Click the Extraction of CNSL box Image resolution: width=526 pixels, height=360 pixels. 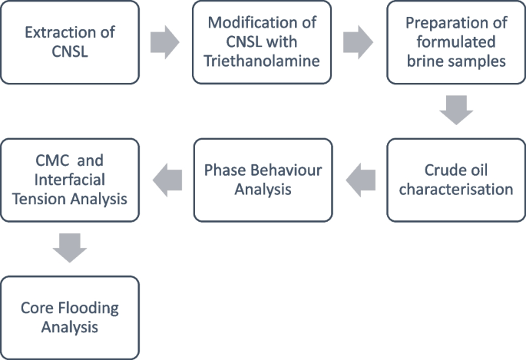tap(70, 42)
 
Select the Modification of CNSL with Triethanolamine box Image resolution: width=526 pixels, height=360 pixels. tap(263, 42)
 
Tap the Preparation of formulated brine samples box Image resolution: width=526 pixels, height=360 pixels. tap(456, 42)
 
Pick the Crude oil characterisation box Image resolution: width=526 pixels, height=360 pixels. tap(456, 180)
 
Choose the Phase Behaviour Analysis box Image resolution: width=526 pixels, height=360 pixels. tap(263, 180)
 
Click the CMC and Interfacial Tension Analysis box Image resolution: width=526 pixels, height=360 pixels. tap(70, 180)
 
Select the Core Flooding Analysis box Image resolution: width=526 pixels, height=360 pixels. tap(70, 318)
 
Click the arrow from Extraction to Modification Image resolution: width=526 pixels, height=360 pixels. tap(165, 43)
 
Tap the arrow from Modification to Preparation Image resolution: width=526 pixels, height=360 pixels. tap(359, 43)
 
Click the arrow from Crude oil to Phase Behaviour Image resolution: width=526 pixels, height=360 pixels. tap(360, 180)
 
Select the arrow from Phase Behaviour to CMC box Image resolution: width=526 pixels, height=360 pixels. tap(167, 180)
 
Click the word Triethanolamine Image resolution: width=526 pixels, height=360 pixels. tap(263, 62)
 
